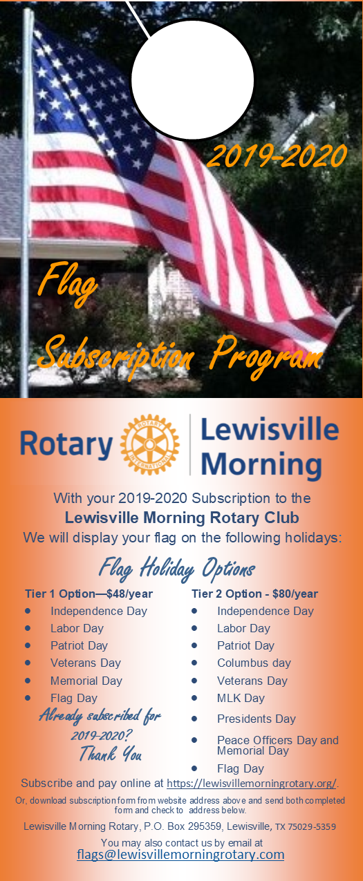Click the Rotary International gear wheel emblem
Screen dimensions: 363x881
click(x=149, y=444)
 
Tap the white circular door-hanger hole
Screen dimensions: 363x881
click(x=192, y=80)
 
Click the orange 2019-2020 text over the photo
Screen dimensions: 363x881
click(x=277, y=155)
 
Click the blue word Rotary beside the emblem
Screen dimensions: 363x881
click(x=66, y=445)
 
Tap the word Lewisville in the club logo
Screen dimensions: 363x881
click(x=270, y=429)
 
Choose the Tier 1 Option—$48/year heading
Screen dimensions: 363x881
click(x=89, y=594)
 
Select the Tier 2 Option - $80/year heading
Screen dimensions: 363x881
click(x=254, y=594)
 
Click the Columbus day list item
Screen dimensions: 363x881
click(x=254, y=663)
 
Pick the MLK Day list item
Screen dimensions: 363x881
click(x=241, y=698)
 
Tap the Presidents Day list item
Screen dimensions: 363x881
click(x=257, y=719)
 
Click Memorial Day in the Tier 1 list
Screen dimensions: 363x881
click(x=86, y=681)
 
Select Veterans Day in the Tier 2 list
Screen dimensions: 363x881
click(x=252, y=681)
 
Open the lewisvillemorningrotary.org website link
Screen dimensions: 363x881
click(x=252, y=784)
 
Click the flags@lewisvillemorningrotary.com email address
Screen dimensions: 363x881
click(x=180, y=855)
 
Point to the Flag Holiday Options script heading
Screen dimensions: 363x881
click(x=177, y=569)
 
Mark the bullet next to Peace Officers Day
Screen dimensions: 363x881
click(x=194, y=740)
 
